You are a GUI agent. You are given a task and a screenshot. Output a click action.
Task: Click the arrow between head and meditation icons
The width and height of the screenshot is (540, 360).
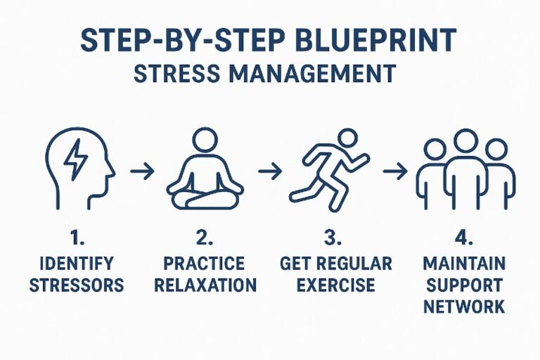point(143,171)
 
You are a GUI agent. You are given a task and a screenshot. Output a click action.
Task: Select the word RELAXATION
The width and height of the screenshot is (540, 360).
point(205,285)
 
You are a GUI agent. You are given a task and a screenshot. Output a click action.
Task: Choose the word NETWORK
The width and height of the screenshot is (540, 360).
point(464,307)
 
